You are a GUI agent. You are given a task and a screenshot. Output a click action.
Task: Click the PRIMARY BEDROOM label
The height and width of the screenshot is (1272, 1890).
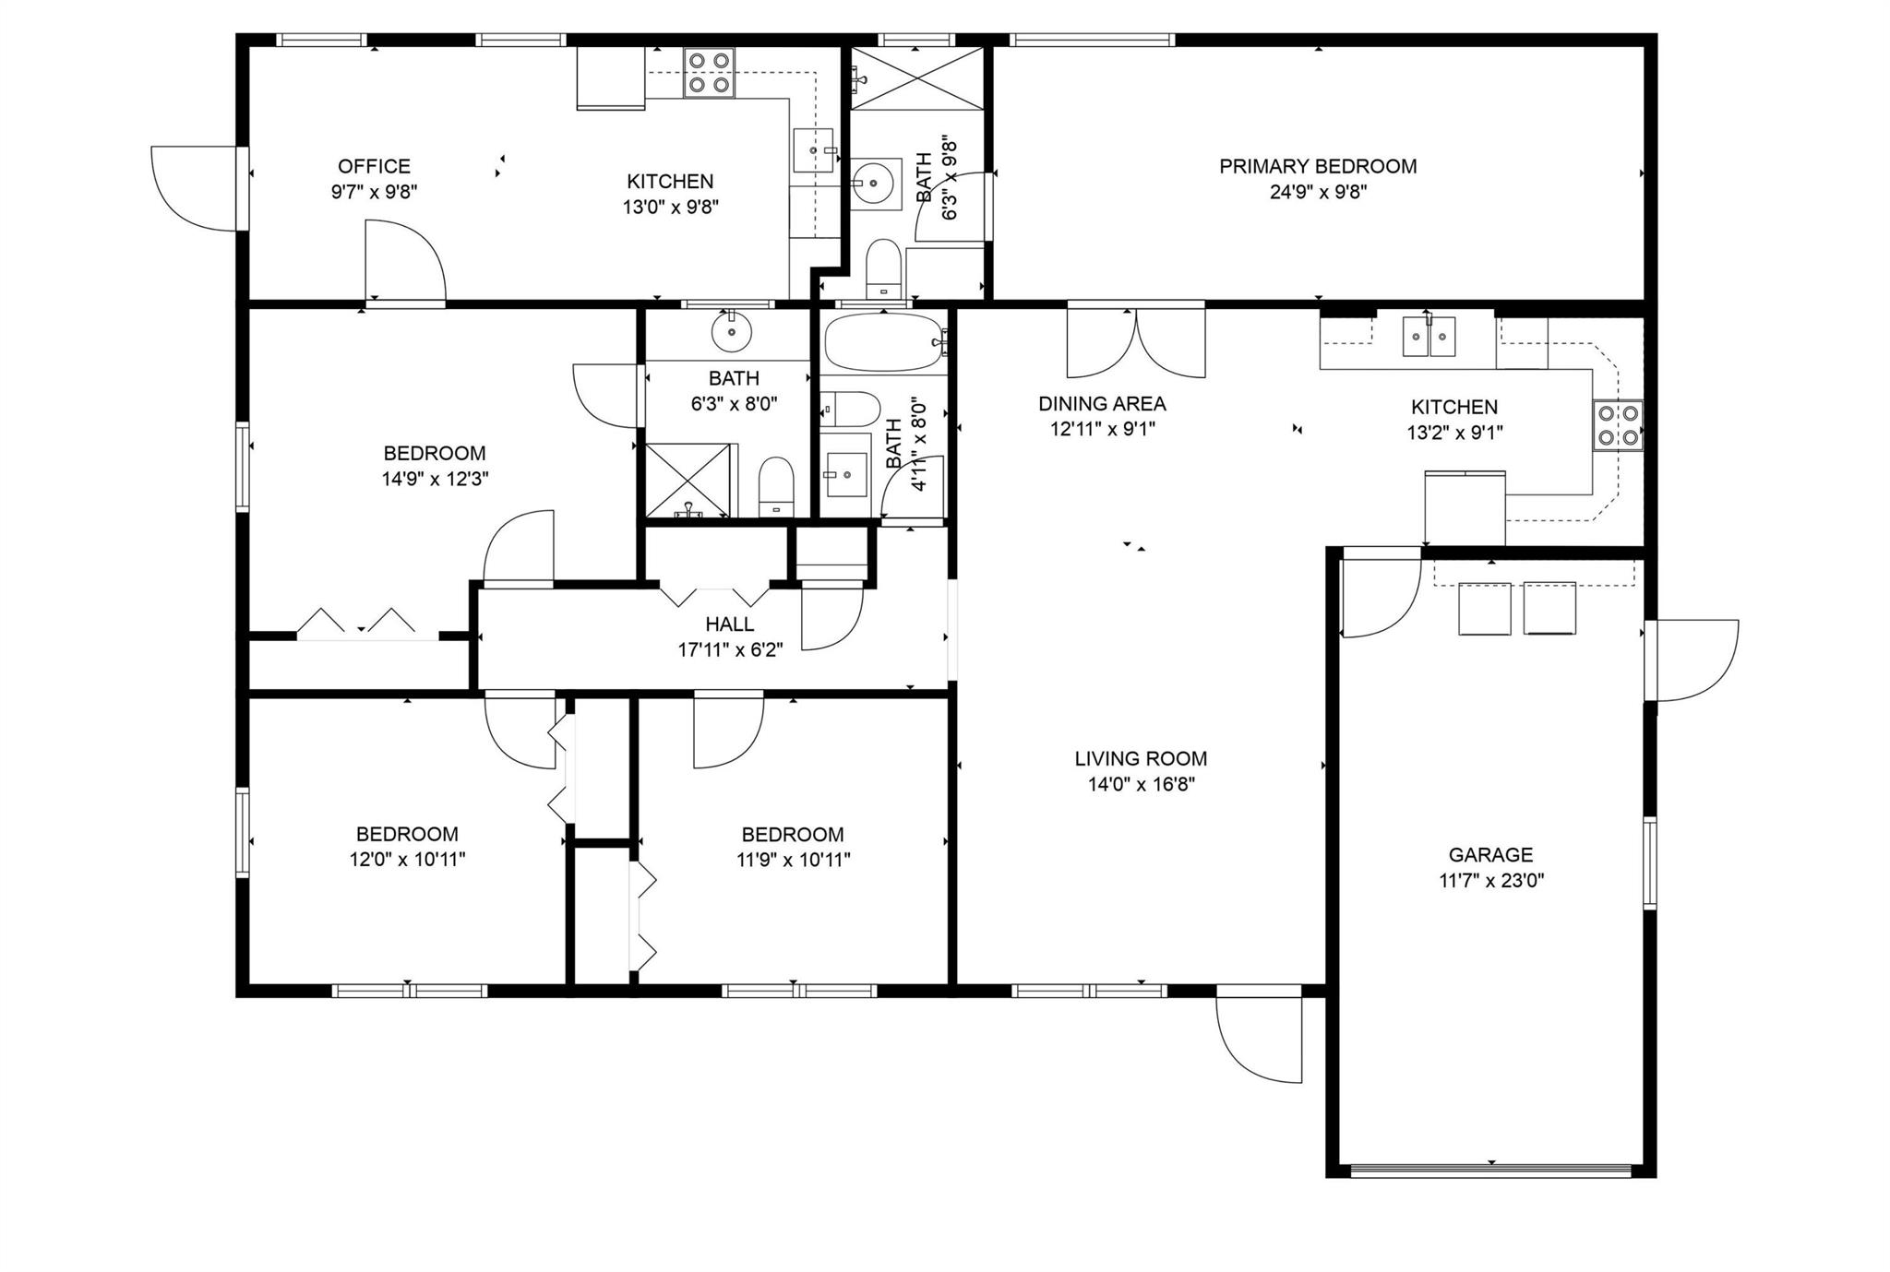pos(1318,167)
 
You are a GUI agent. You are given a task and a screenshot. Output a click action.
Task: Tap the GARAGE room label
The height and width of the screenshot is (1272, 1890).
pos(1490,855)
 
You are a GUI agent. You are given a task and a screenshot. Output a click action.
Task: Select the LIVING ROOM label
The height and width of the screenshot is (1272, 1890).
pos(1141,759)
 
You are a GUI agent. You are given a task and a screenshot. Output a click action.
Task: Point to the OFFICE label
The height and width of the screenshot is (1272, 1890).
pos(374,167)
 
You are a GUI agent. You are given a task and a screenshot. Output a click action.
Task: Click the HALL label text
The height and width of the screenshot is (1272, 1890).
pos(729,625)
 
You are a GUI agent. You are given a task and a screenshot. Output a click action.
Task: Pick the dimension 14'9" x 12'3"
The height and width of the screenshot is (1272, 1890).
pos(435,479)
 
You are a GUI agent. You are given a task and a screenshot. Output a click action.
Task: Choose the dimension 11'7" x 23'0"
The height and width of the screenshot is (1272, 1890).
pos(1491,881)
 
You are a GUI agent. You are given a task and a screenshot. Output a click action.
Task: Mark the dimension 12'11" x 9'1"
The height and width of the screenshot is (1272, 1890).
pos(1102,429)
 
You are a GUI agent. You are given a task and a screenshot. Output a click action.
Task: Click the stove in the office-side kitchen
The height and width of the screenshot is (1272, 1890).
pos(709,73)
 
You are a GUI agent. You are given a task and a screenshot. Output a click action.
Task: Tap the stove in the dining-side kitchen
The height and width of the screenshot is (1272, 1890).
pos(1618,425)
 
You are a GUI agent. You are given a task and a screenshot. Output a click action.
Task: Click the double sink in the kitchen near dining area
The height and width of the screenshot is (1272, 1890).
pos(1429,336)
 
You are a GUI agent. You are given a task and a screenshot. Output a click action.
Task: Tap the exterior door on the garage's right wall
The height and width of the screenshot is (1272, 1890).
pos(1691,660)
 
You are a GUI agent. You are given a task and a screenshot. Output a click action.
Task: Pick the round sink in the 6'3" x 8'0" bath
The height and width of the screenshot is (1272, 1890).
pos(733,331)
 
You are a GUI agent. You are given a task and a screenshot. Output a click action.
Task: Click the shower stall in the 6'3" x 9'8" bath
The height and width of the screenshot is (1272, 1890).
pos(916,78)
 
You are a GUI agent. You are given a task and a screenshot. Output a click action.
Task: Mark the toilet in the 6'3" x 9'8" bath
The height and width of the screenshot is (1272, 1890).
pos(884,268)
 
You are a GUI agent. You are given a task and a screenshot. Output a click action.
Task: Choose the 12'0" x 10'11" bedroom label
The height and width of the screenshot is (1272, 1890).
pos(407,847)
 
